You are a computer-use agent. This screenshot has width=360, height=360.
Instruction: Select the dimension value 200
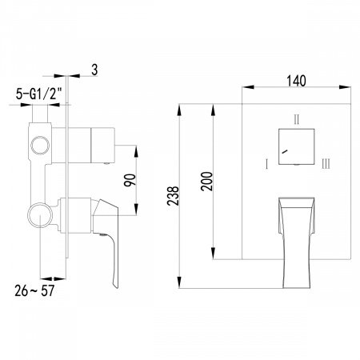click(x=206, y=181)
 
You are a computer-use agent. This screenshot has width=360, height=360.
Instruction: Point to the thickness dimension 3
click(x=94, y=71)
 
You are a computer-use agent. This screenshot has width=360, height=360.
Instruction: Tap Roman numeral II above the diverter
click(x=297, y=120)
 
